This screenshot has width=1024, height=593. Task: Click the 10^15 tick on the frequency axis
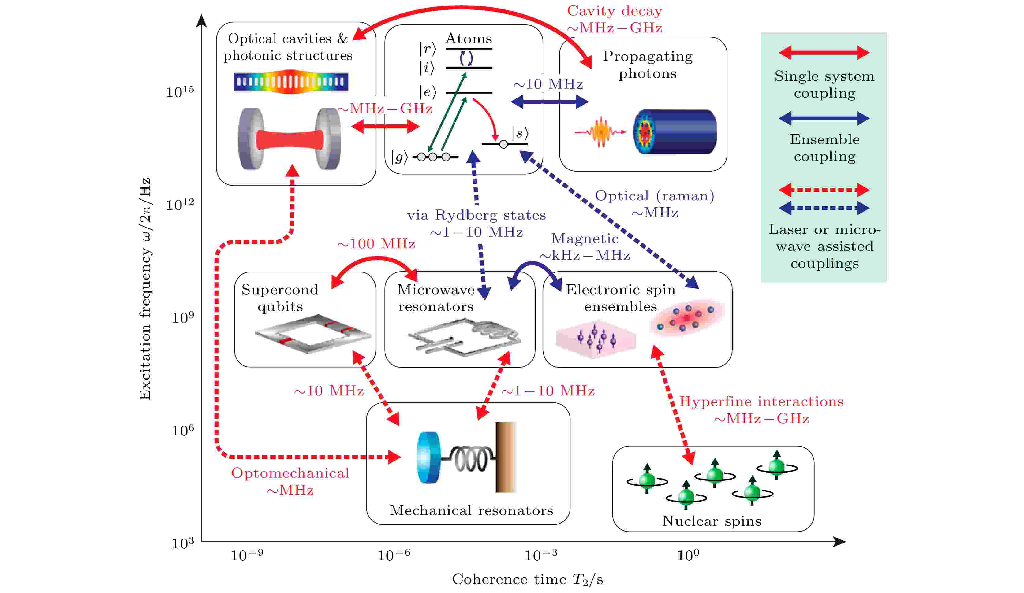[180, 92]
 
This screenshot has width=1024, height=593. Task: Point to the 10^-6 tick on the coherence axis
[393, 555]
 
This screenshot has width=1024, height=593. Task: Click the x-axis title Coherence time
[527, 579]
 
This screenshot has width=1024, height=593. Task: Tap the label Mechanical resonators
[471, 510]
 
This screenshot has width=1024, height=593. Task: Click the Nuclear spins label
[712, 521]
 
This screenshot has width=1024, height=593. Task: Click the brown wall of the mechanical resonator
[505, 457]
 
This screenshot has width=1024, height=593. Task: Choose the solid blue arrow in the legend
[824, 119]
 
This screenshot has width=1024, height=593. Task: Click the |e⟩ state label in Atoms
[428, 92]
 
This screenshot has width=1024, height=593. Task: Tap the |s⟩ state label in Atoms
[520, 133]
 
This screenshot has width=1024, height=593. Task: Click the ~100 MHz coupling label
[376, 244]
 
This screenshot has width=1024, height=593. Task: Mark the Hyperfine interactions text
[761, 402]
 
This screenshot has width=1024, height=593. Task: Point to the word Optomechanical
[290, 473]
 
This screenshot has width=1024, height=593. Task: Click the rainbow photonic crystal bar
[291, 82]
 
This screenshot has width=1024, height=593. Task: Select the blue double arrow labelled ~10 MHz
[549, 102]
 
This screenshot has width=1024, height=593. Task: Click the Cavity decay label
[615, 11]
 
